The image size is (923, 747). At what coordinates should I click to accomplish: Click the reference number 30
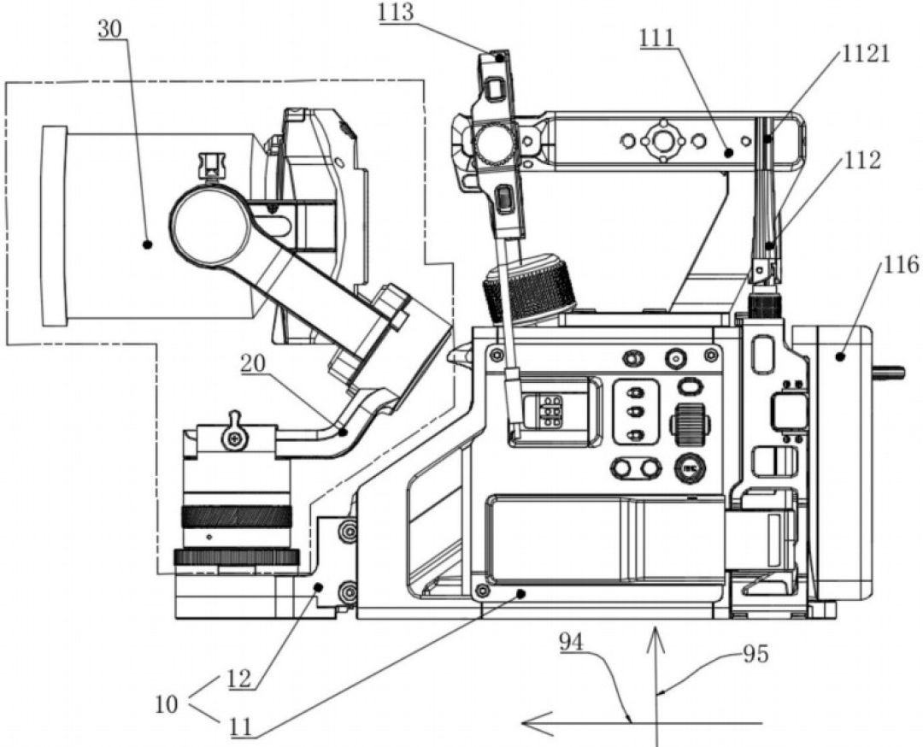pos(111,29)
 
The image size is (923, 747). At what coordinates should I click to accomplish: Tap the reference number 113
pos(398,13)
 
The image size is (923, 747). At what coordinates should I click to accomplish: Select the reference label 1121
pos(865,54)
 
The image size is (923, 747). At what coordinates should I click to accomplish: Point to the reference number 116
pos(901,265)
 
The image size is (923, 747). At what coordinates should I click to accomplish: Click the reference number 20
pos(254,364)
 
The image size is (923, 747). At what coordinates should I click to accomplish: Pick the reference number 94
pos(571,642)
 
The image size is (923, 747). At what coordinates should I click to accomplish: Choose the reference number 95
pos(755,654)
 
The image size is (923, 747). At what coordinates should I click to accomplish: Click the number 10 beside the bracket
pos(168,703)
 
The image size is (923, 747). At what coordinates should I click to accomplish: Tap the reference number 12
pos(239,679)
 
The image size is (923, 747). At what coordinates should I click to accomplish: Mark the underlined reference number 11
pos(241,727)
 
